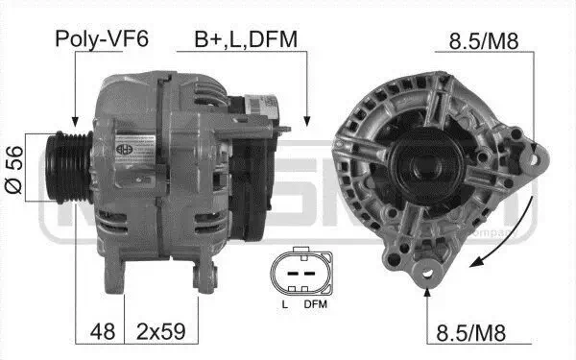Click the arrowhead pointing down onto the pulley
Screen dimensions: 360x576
(73, 121)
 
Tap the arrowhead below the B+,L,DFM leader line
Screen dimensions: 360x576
(307, 121)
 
